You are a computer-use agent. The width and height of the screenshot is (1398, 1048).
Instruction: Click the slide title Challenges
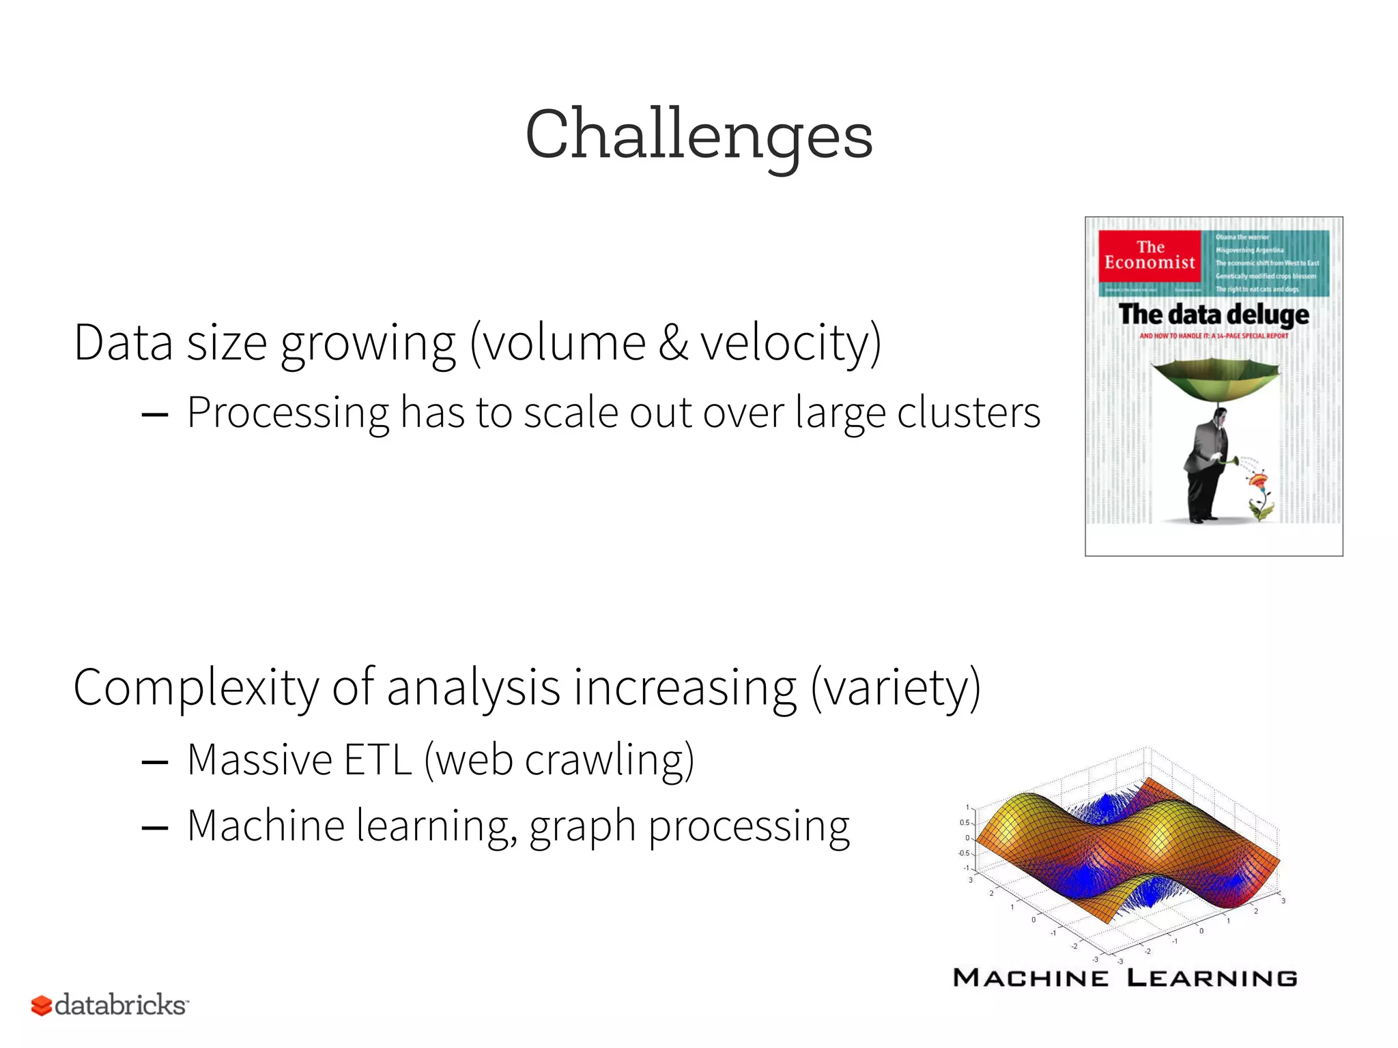(698, 134)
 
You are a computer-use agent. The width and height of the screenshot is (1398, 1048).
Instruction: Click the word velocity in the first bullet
(785, 343)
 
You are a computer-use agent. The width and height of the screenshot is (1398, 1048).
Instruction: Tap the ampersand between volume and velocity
(673, 343)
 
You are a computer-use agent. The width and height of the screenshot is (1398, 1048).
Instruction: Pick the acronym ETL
(377, 760)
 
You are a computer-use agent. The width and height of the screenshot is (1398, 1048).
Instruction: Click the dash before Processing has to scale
(155, 415)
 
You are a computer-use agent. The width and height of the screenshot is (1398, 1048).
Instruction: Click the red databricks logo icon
(41, 1005)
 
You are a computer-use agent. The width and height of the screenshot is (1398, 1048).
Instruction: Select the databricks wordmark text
(120, 1005)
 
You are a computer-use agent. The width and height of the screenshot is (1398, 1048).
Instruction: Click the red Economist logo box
(1150, 256)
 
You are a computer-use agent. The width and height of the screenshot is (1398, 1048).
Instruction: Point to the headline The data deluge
(1214, 315)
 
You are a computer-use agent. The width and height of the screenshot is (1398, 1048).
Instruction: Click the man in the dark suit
(1206, 471)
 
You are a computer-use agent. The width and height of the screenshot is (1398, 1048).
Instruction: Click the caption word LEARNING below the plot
(1212, 978)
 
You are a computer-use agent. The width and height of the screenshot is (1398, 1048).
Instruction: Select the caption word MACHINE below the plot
(1031, 978)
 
